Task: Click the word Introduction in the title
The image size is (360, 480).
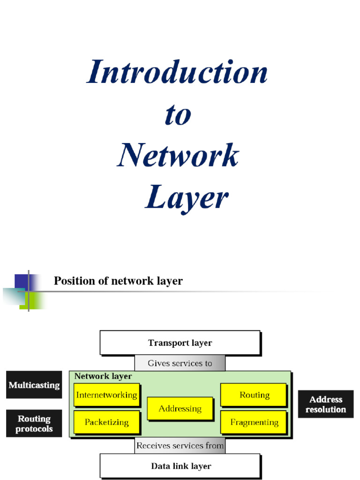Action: (x=177, y=73)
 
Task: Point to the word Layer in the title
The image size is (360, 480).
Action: (x=186, y=197)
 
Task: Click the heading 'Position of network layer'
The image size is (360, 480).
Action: (x=118, y=281)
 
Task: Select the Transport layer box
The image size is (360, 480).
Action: (x=180, y=343)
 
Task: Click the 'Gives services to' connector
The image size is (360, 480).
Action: (x=180, y=363)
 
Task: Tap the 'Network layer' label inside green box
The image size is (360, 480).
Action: (x=103, y=376)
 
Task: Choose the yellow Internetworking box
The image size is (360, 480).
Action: (x=106, y=395)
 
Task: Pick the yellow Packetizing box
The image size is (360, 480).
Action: (x=106, y=422)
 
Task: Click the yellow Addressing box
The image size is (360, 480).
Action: (x=180, y=408)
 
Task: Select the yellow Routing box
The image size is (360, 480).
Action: (x=254, y=395)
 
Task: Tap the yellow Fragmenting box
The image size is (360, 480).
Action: (x=254, y=422)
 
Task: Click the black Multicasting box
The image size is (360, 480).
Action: (x=34, y=385)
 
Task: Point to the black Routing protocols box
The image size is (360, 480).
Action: (x=34, y=423)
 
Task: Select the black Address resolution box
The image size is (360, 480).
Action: (x=325, y=404)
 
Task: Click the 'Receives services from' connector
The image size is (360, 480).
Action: (x=180, y=446)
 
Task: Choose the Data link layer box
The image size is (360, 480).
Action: (x=180, y=466)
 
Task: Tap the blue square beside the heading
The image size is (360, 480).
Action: (x=22, y=282)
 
